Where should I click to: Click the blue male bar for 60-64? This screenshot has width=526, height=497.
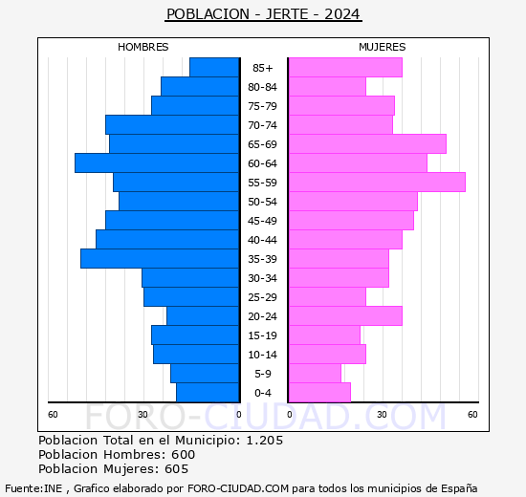click(x=157, y=163)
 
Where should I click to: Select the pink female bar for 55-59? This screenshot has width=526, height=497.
click(x=377, y=183)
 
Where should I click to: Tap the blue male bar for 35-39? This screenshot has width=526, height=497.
click(x=160, y=259)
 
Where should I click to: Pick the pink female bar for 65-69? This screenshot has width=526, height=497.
click(x=367, y=144)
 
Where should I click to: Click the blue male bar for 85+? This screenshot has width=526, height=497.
click(x=214, y=68)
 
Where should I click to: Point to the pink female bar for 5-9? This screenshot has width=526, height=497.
click(x=315, y=374)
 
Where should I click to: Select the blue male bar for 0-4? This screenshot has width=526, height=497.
click(x=208, y=393)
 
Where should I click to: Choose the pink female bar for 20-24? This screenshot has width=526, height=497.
click(x=345, y=316)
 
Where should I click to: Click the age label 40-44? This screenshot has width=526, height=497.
click(x=263, y=240)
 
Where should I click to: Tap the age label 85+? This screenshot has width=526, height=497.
click(x=263, y=68)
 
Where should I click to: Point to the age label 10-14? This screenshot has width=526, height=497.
click(x=263, y=355)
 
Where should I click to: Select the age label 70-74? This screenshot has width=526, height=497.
click(x=263, y=125)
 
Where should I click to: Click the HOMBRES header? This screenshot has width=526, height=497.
click(x=143, y=47)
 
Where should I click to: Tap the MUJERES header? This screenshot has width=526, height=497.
click(x=383, y=47)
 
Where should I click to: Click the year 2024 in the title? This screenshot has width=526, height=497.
click(x=342, y=14)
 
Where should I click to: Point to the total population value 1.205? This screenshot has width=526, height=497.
click(x=265, y=441)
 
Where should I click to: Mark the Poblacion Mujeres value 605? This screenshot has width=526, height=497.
click(x=176, y=469)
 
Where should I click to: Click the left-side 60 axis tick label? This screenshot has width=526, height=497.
click(x=54, y=414)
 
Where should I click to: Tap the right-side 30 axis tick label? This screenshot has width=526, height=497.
click(x=381, y=414)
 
